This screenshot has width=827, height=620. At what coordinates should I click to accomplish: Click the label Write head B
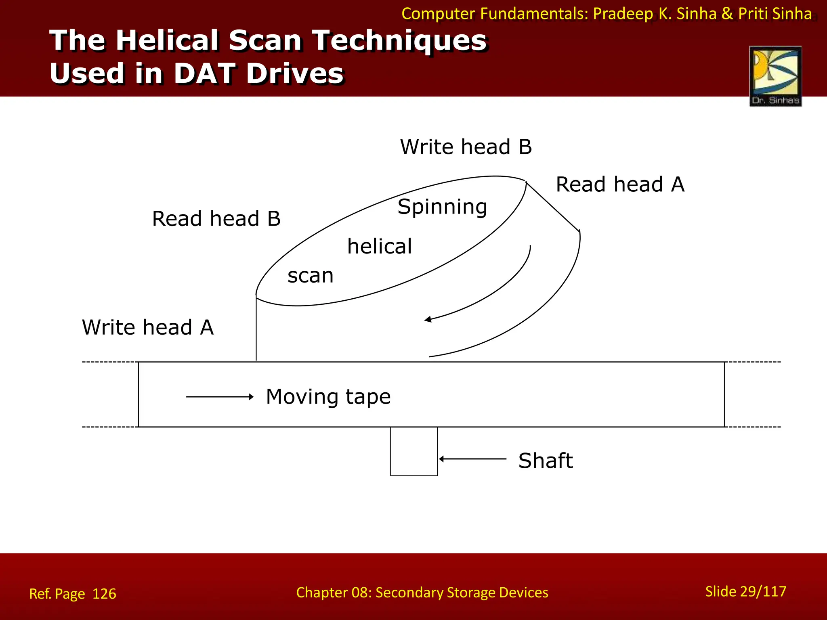point(466,147)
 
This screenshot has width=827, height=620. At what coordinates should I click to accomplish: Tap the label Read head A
point(620,184)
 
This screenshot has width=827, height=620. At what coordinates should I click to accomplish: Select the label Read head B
point(216,219)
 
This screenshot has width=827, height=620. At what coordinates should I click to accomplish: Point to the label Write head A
point(147,327)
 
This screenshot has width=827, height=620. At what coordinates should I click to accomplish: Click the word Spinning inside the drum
point(442,207)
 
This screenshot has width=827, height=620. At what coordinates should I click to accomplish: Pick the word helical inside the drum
point(380,246)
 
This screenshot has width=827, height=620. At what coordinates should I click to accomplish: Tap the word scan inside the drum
point(311,276)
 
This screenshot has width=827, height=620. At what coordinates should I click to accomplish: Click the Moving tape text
point(328,396)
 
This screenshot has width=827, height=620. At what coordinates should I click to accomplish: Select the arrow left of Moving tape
point(220,397)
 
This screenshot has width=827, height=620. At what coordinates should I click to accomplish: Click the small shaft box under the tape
point(413,451)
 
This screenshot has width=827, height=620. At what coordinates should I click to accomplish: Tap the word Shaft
point(545,461)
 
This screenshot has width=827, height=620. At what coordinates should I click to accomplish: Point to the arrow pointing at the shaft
point(472,459)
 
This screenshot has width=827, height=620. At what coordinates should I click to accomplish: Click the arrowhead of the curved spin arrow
point(428,320)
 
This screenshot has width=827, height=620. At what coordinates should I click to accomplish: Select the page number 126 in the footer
point(104,594)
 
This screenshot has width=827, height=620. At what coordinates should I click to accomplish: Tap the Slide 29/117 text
point(745,591)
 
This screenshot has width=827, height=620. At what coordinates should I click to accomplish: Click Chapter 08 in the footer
point(333,593)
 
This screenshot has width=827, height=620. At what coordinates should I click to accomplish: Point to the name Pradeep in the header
point(623,14)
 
